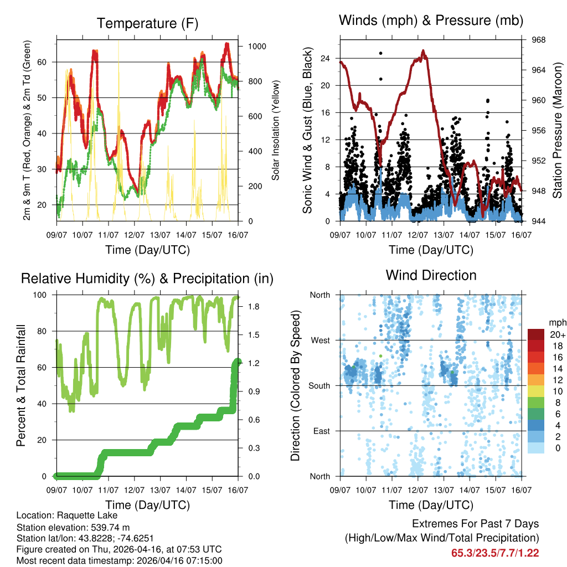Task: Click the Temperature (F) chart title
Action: [x=147, y=23]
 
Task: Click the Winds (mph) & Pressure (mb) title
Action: [x=431, y=20]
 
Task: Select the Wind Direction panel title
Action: [x=431, y=275]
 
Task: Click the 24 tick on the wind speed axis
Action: [x=326, y=58]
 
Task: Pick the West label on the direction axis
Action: [x=320, y=340]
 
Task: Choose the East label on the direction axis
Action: [x=322, y=431]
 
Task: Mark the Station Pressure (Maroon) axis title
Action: [x=558, y=130]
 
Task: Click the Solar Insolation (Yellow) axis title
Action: [x=275, y=130]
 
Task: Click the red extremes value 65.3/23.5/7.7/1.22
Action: [x=494, y=553]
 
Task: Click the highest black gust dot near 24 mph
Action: [x=380, y=53]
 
